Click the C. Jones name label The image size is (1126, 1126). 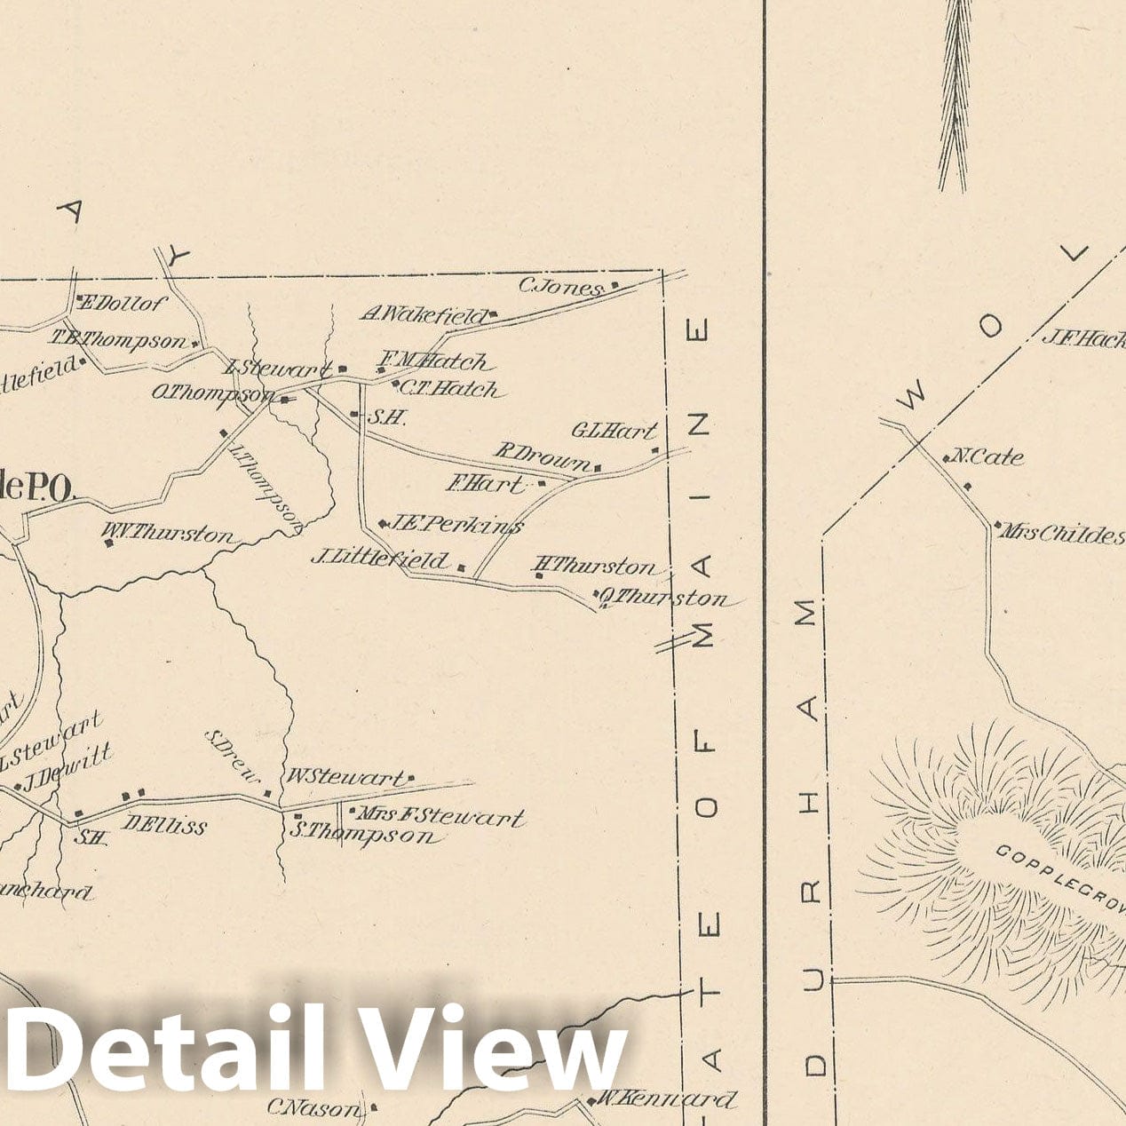[560, 287]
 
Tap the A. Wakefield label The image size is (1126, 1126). [424, 314]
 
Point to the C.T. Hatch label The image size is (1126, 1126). [448, 389]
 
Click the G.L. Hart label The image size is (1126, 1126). [614, 432]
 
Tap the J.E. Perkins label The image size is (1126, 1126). [455, 525]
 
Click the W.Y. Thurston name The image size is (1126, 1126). [170, 534]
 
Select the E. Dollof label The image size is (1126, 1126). [123, 305]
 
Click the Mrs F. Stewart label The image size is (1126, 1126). [439, 815]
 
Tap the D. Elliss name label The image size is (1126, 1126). [164, 826]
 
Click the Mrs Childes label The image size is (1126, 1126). [1061, 534]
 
